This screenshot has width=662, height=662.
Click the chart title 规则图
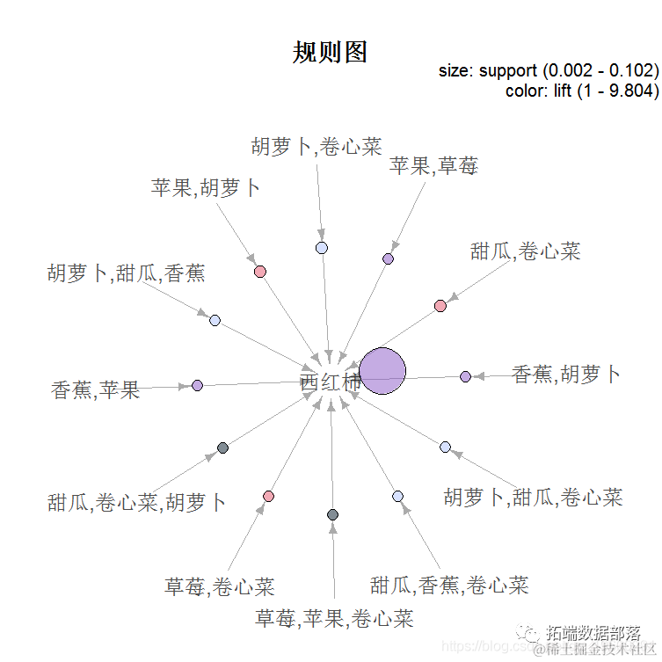coord(330,54)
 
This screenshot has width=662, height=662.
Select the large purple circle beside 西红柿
coord(382,371)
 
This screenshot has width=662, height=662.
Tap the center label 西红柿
coord(330,383)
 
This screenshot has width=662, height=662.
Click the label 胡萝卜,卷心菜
coord(316,146)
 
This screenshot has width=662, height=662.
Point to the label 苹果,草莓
coord(433,165)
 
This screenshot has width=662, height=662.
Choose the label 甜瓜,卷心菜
coord(525,251)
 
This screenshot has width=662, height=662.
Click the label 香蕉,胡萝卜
coord(565,375)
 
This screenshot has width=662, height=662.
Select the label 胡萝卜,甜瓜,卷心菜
coord(533,498)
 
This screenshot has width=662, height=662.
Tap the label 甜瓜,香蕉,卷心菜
coord(449,585)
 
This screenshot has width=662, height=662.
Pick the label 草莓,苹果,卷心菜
coord(334,619)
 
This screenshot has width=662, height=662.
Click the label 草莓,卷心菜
coord(220,586)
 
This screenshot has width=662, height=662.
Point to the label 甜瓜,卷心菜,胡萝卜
coord(137,503)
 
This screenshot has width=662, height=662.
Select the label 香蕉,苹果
coord(96,389)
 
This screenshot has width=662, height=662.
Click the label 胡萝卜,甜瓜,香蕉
coord(126,273)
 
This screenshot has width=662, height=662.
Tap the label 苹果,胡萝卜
coord(205,187)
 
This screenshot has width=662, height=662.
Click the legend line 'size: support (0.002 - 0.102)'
coord(549,71)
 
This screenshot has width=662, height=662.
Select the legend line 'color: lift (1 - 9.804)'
coord(582,90)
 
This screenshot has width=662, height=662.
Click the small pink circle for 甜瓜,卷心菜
coord(440,306)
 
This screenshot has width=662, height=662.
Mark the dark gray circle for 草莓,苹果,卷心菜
coord(332,514)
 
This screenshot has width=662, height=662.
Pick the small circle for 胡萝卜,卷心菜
coord(322,248)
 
